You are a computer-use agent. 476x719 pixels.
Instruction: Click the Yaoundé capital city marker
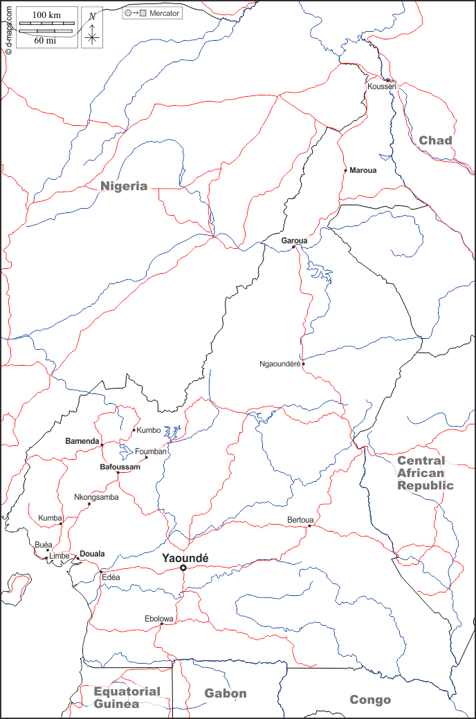click(183, 568)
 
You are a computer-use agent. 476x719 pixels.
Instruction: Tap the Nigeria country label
click(124, 185)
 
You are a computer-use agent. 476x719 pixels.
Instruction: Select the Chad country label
click(435, 140)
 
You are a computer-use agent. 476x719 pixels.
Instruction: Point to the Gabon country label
click(226, 693)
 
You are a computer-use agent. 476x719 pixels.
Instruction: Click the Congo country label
click(370, 700)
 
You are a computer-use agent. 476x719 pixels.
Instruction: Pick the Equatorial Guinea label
click(127, 698)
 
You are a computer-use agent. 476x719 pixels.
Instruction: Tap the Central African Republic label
click(425, 473)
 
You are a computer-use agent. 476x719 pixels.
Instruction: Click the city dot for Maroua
click(345, 170)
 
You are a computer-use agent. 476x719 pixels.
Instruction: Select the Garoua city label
click(294, 241)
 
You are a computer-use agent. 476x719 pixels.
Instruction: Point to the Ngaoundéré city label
click(280, 364)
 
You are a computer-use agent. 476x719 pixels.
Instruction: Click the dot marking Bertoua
click(309, 526)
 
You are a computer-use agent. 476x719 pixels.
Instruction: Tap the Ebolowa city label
click(159, 618)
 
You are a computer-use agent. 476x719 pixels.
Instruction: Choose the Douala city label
click(92, 554)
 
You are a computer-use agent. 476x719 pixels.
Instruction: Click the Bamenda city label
click(82, 440)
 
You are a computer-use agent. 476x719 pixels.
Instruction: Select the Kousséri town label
click(382, 86)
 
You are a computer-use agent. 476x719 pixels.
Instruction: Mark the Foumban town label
click(151, 451)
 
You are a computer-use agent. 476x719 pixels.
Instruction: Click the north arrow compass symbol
click(92, 28)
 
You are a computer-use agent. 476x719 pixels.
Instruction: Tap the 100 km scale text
click(47, 15)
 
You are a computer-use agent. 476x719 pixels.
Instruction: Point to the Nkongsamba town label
click(96, 497)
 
